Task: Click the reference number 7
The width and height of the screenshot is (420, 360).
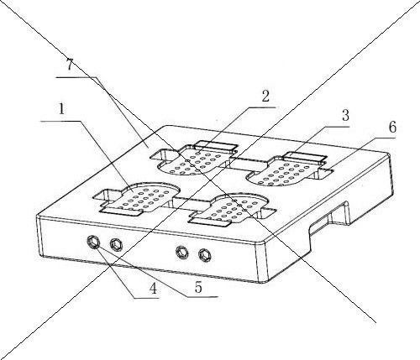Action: coord(70,65)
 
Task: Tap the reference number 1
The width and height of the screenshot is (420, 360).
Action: coord(61,110)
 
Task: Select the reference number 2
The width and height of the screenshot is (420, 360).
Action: coord(265,97)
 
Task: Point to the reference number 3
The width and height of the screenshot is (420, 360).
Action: coord(345,115)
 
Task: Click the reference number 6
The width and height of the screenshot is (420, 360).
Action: coord(392,127)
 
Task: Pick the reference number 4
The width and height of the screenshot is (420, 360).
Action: coord(153,289)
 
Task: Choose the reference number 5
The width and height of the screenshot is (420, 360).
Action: coord(198,287)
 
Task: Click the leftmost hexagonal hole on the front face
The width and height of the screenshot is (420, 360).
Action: coord(93,242)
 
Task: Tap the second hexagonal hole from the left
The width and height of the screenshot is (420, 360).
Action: coord(116,245)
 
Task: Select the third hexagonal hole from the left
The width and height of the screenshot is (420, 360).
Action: coord(182,252)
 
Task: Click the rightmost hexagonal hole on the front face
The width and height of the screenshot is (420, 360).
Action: coord(204,255)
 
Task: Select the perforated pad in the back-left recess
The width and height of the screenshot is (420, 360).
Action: coord(196,161)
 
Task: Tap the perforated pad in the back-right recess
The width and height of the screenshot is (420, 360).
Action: coord(286,171)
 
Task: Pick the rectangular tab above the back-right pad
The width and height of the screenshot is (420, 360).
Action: coord(305,157)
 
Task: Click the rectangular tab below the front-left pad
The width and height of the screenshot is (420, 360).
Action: coord(123,211)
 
